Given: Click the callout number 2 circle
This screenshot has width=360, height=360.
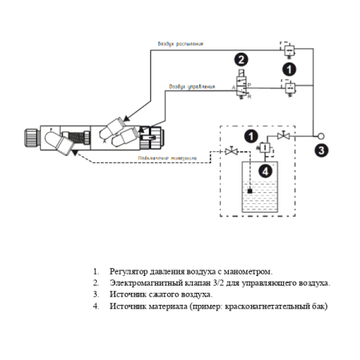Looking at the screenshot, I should click(x=241, y=59).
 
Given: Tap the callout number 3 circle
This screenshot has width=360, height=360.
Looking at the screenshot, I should click(x=320, y=149).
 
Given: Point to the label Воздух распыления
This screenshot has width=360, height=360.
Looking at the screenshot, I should click(x=181, y=44).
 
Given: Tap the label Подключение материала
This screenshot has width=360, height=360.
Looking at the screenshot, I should click(x=167, y=158).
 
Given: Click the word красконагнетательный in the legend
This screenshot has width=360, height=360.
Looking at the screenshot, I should click(x=261, y=306).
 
